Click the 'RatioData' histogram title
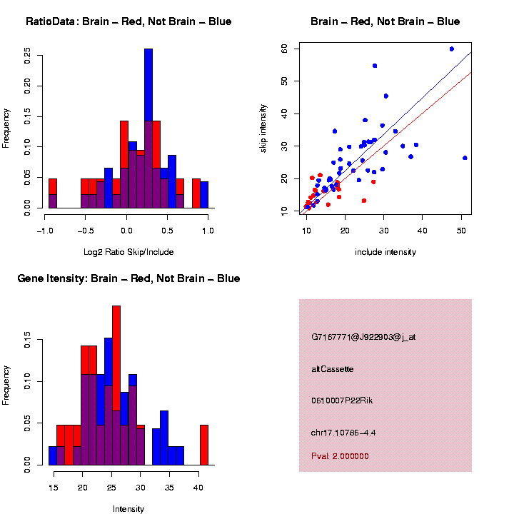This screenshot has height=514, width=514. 128,21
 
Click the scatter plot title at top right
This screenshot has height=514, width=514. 385,21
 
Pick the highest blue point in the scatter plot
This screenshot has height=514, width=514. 452,49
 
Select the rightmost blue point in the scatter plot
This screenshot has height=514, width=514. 465,158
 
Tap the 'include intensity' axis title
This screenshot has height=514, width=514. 385,251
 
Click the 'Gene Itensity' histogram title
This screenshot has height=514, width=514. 128,278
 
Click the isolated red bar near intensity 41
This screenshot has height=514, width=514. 204,445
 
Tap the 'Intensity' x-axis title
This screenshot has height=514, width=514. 128,508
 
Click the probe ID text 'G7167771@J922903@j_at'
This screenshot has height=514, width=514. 363,337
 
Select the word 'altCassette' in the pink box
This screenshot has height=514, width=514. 333,369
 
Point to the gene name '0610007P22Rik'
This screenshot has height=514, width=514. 342,400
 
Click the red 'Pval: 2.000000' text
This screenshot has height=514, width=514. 340,455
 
